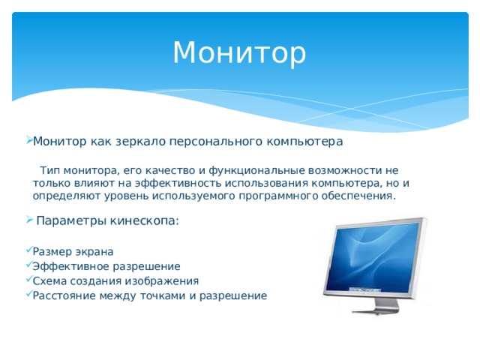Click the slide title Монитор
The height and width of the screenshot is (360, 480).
[239, 52]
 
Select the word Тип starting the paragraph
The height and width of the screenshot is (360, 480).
[49, 170]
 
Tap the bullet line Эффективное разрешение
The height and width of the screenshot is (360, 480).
[106, 265]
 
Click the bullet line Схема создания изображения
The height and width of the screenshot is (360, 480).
[115, 280]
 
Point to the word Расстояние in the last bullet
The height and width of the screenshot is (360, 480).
[63, 295]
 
